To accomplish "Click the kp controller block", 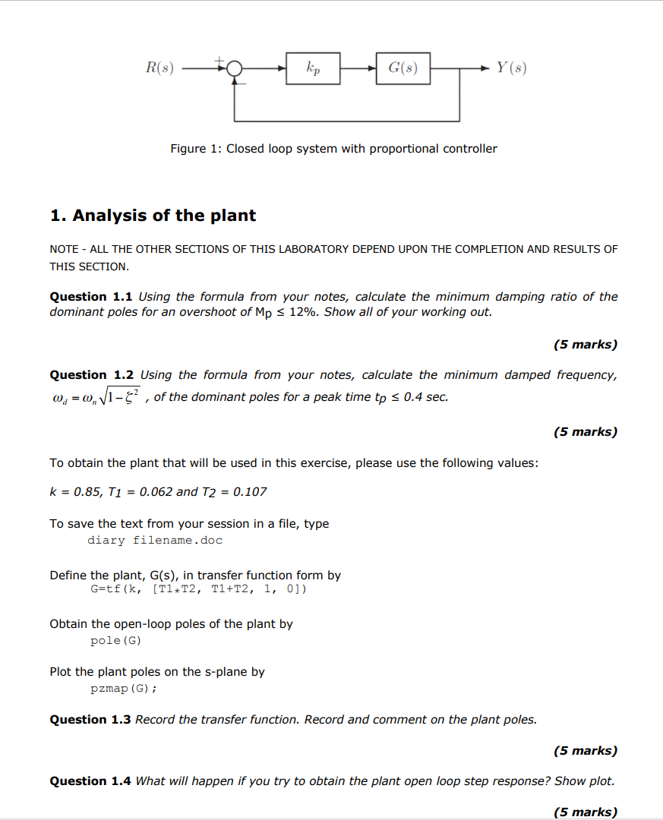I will (313, 68).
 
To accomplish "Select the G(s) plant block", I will (403, 68).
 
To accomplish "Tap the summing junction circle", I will (235, 69).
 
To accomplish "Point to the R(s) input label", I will (159, 68).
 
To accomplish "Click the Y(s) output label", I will (511, 68).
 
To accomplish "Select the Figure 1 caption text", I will (333, 149).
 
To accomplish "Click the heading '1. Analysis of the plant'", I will (153, 216).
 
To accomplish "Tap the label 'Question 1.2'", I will (91, 375).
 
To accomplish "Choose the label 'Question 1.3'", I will (90, 720).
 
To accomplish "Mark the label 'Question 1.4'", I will (90, 781).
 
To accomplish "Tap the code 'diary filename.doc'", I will (155, 541).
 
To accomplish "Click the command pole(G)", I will (115, 641).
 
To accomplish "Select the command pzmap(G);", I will (124, 689).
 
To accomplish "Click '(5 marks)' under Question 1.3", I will (585, 751).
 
